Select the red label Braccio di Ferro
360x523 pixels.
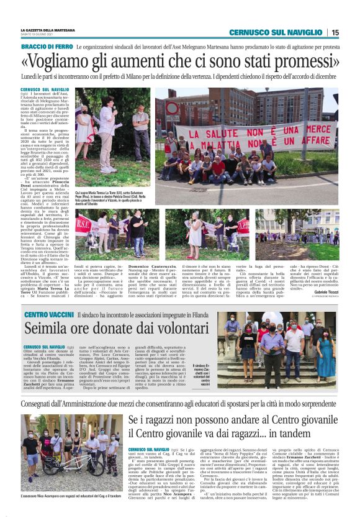46,47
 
